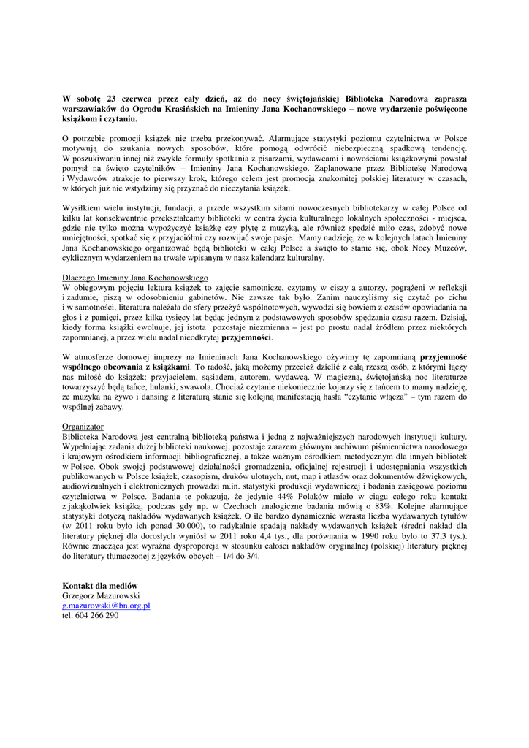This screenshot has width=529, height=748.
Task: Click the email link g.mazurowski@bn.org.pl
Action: (106, 606)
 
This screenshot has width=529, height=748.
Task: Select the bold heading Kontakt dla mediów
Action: (100, 586)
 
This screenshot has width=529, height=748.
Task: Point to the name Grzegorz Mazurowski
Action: (101, 596)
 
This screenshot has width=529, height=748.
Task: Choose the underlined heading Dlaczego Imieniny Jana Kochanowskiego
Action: (135, 278)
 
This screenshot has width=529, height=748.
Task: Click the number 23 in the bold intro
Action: (111, 98)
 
